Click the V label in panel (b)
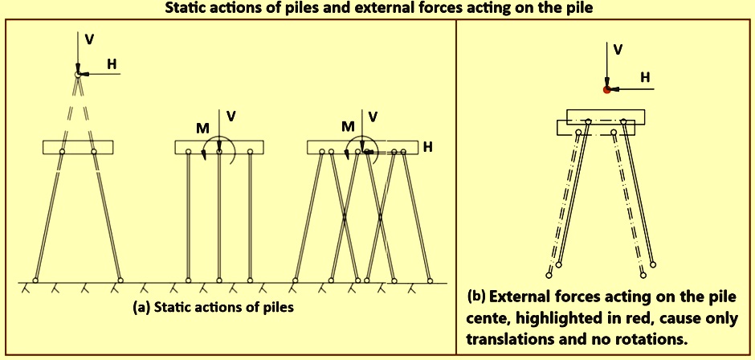point(618,49)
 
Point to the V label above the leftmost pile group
point(89,41)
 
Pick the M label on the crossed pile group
point(348,125)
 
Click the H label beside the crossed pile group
point(428,147)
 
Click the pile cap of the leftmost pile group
point(78,147)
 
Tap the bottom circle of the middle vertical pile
point(219,280)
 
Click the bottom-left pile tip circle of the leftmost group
point(35,280)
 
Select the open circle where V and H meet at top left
point(78,74)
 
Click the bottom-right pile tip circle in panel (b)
point(654,263)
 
